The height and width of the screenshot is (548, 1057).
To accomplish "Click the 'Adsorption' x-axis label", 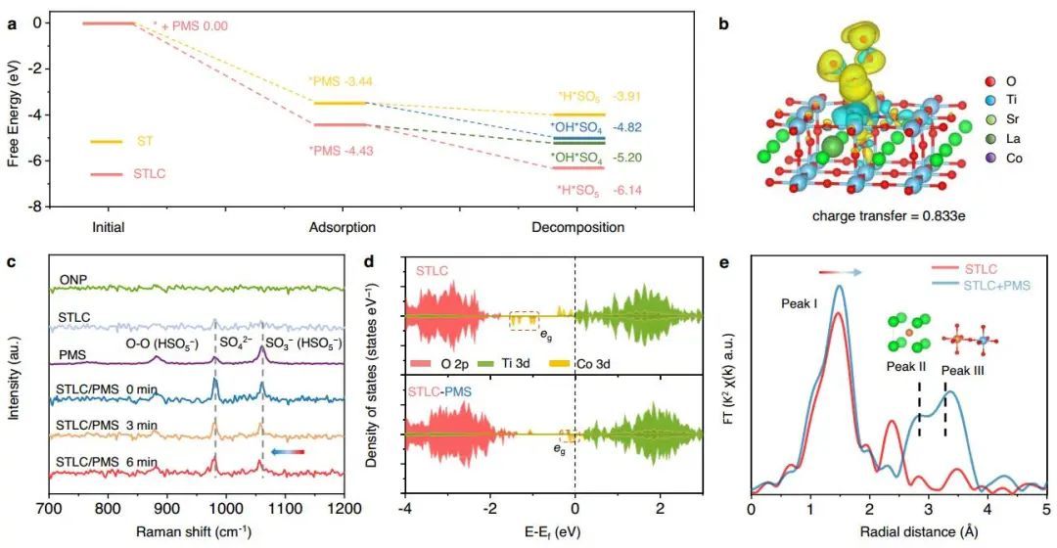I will pos(343,227).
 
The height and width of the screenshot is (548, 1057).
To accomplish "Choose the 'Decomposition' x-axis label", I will pos(577,227).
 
